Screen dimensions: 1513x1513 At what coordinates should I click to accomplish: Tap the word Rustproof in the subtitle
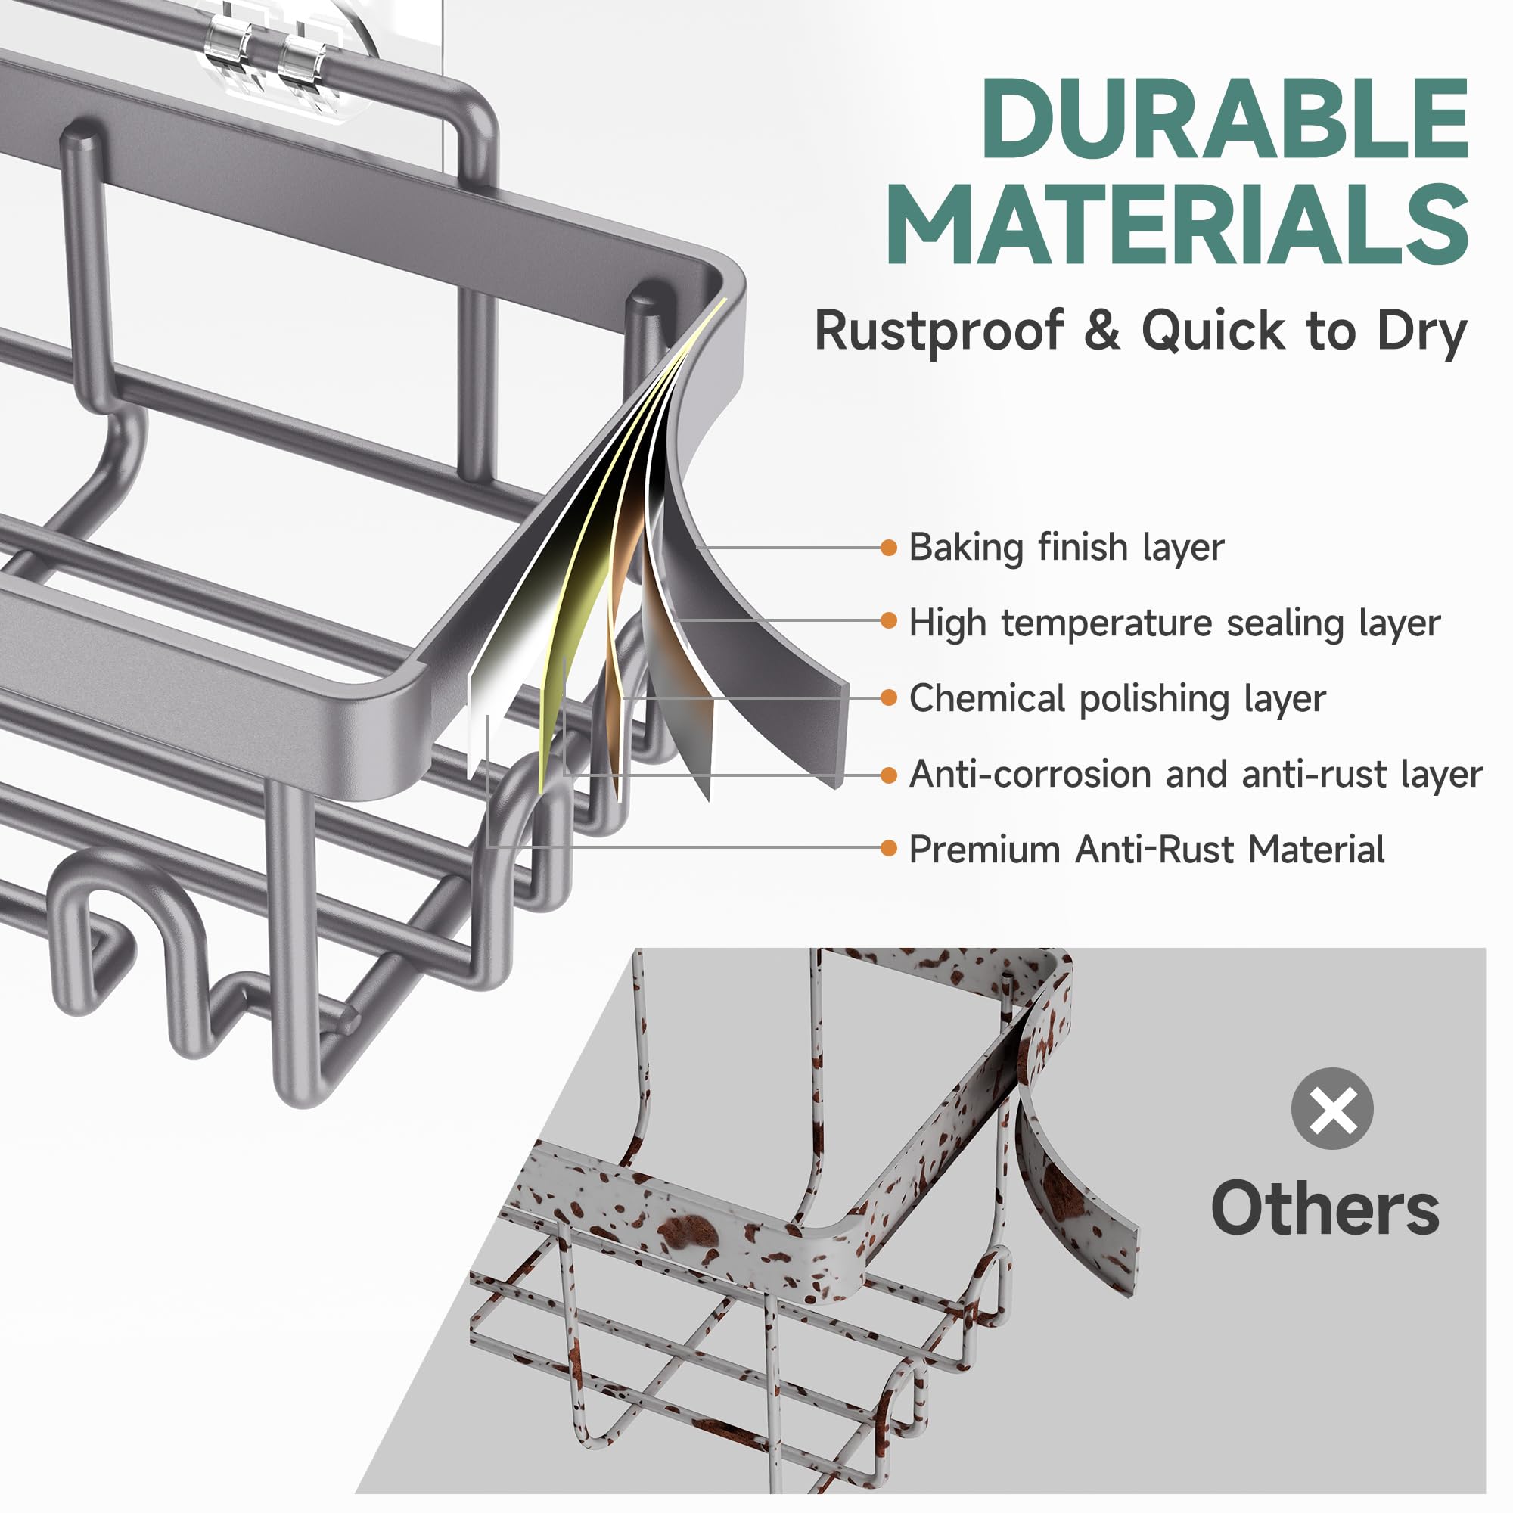939,331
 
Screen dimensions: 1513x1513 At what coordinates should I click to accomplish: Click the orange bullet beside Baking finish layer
888,548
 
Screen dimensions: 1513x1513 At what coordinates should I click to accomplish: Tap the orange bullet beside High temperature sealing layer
888,620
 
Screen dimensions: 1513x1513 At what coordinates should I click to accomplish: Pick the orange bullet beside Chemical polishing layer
888,697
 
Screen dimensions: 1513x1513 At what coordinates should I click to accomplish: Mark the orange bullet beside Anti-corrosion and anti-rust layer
888,775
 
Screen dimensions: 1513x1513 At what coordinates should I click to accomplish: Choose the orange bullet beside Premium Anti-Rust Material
888,847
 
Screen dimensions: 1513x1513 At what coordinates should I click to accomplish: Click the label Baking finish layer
1067,548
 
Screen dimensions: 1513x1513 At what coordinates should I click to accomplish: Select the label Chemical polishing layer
1117,698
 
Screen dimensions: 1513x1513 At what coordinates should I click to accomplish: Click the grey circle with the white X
1332,1108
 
